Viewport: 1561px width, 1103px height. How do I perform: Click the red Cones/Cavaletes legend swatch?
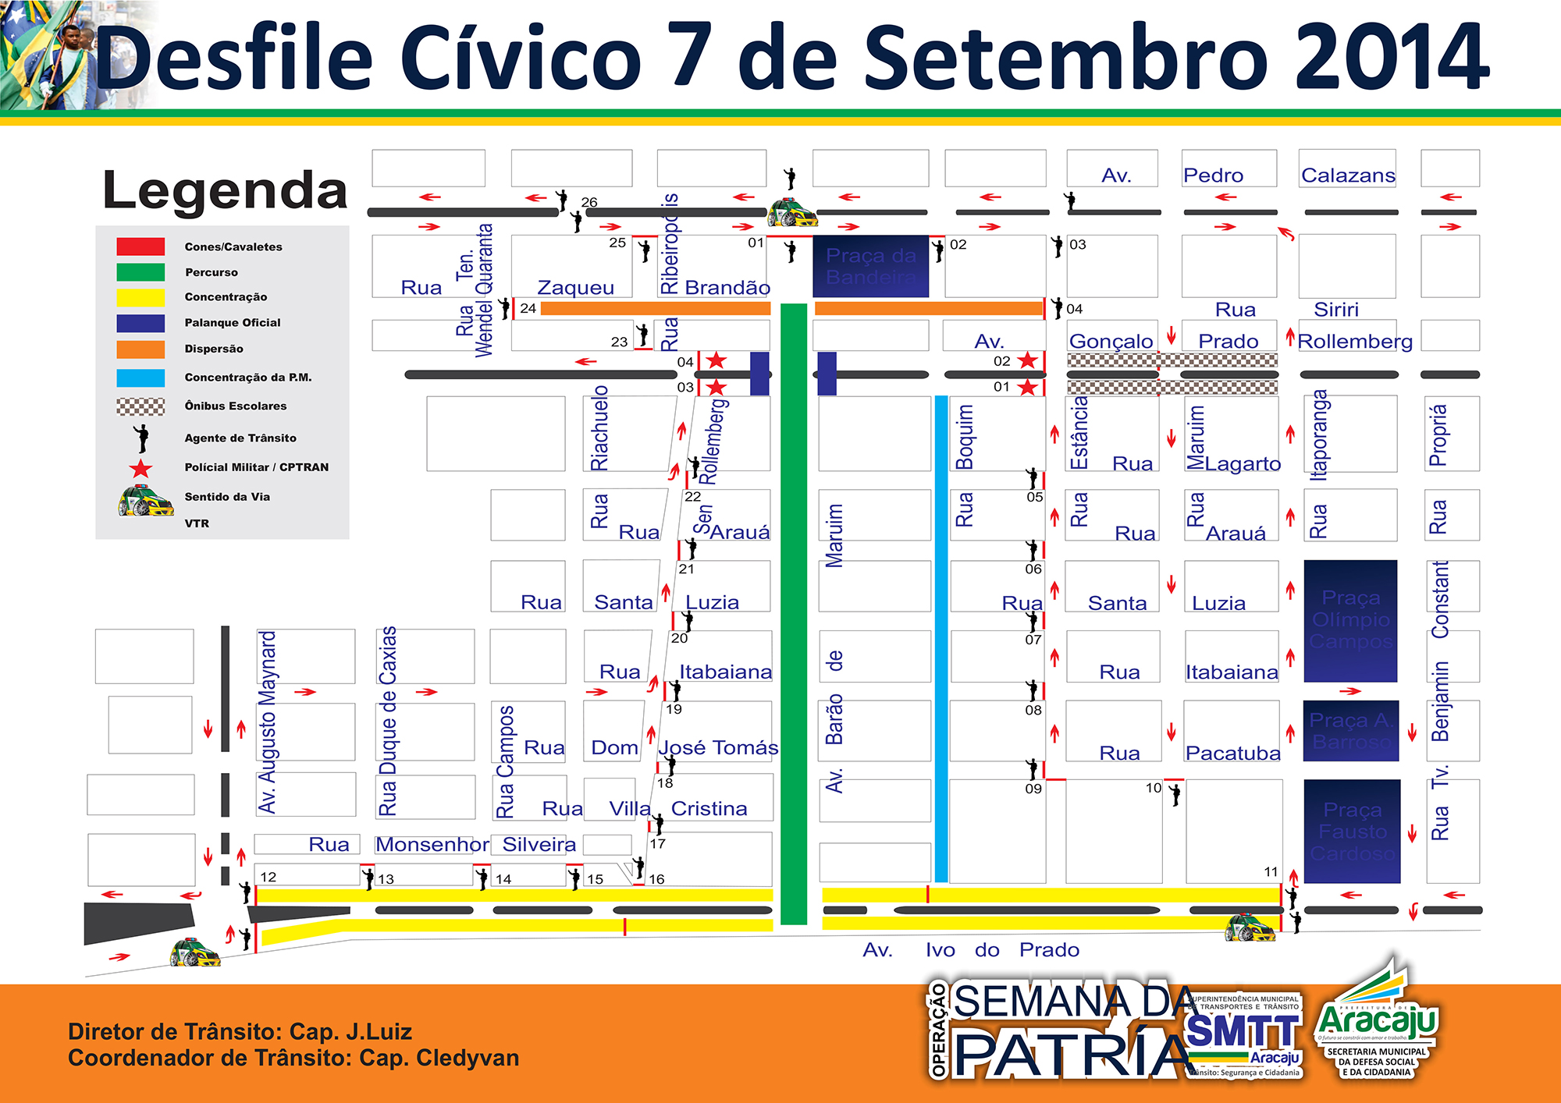[x=140, y=246]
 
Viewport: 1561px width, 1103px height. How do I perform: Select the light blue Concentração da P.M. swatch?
[x=140, y=378]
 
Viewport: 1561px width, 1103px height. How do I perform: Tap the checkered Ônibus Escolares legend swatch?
[x=140, y=406]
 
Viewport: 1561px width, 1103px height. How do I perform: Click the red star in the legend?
[x=140, y=468]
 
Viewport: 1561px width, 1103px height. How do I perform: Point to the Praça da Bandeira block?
[x=871, y=266]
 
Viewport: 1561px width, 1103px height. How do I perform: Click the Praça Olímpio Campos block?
[x=1350, y=620]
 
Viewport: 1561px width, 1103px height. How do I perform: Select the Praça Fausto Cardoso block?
[x=1352, y=832]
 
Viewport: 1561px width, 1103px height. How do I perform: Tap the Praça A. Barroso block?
[x=1350, y=731]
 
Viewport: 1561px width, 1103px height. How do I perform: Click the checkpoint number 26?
[x=589, y=202]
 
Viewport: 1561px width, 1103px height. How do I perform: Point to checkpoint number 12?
[x=268, y=877]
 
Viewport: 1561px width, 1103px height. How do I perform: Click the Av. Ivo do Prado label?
[x=971, y=950]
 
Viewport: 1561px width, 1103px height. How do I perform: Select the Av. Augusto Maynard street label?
[x=267, y=722]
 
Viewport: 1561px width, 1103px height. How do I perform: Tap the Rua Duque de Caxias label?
[x=387, y=721]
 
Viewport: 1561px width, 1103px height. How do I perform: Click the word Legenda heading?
[x=225, y=190]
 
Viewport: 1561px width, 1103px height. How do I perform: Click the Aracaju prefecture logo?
[x=1377, y=1022]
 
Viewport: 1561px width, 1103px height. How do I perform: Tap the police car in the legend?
[x=145, y=501]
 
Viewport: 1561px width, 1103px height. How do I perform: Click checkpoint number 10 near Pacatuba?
[x=1154, y=788]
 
